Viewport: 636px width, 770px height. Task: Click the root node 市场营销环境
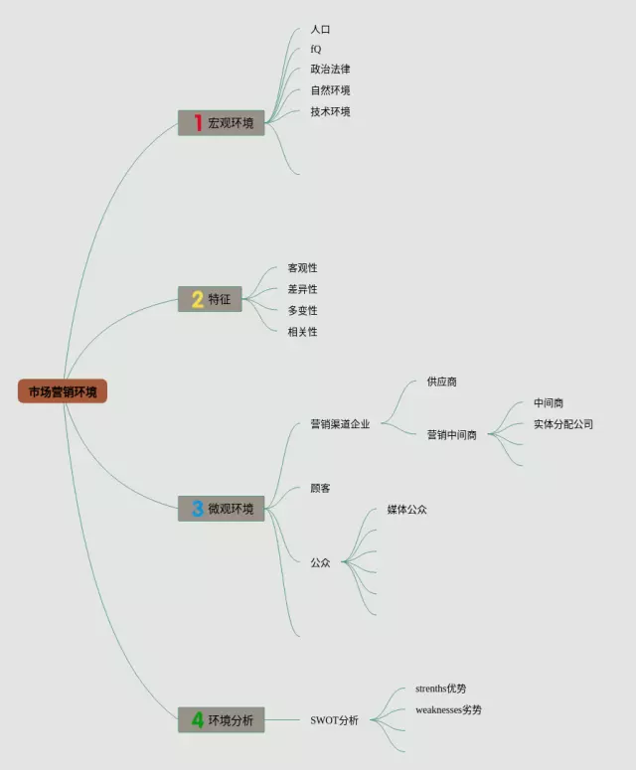62,391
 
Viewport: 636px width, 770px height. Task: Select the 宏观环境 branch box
222,123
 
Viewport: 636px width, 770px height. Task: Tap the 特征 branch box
211,299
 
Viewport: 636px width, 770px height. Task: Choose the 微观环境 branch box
222,509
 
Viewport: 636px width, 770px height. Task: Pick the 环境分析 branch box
222,720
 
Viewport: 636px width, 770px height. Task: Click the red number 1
198,123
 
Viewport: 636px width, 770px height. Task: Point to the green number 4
198,720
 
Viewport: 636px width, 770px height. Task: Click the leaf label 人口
320,30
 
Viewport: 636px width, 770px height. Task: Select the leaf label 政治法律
330,70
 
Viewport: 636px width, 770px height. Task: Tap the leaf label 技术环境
330,111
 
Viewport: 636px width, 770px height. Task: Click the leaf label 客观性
303,268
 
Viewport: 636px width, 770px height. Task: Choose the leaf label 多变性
303,311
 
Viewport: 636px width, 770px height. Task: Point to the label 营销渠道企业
340,424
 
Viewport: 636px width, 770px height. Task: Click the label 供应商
442,382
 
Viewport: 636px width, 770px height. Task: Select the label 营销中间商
452,435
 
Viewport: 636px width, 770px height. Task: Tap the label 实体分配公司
563,424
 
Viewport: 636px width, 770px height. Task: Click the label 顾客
320,489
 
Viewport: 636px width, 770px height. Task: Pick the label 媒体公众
407,510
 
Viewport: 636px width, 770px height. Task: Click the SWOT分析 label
335,720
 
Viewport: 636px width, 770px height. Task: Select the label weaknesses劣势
449,709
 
